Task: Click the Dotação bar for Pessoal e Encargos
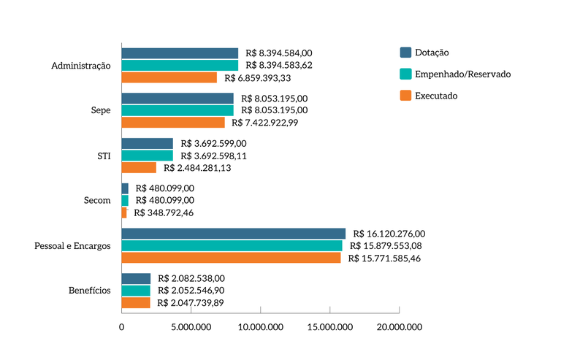(233, 234)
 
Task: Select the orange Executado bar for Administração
(169, 77)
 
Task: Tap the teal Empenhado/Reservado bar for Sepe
(177, 110)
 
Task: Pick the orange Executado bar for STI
(138, 168)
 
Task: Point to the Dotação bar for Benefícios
(136, 278)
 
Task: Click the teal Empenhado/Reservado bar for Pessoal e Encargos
(232, 246)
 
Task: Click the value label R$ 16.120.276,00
(388, 234)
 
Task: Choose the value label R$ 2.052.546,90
(191, 291)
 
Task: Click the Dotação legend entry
(431, 53)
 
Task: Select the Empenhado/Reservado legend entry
(462, 74)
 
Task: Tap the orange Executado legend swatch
(405, 96)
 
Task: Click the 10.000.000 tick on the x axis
(260, 328)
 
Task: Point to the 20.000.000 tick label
(399, 328)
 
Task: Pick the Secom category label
(97, 201)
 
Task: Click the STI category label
(103, 156)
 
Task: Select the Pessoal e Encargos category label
(72, 246)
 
